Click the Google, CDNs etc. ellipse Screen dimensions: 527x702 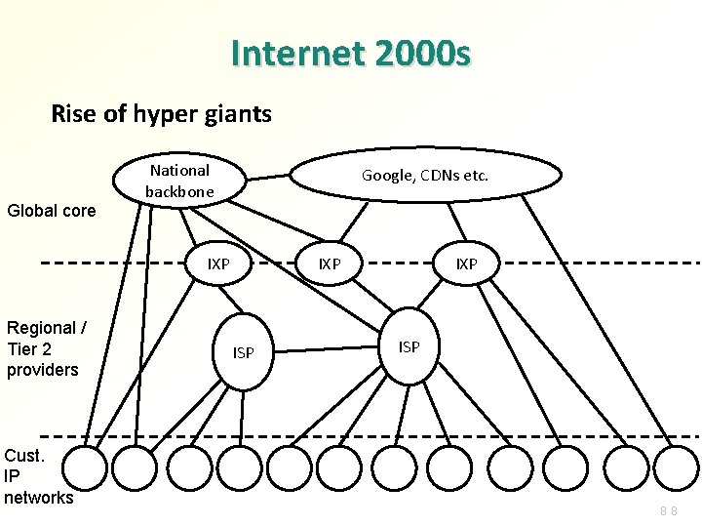425,176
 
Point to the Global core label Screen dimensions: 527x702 51,210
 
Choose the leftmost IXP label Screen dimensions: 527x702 218,263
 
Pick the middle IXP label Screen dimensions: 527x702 331,263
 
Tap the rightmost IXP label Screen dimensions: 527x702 466,263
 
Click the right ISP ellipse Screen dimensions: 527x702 409,346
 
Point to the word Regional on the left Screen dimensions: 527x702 41,328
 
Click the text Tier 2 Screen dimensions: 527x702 29,349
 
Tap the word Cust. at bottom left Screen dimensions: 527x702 23,456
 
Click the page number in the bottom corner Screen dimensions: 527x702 668,510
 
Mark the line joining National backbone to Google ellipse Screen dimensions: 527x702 269,177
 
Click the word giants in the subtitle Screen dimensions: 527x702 238,114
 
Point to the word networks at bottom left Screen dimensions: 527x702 39,498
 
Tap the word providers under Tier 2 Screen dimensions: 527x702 43,370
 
